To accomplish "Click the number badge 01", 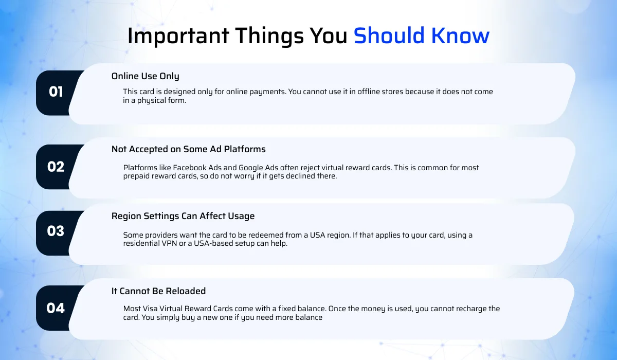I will (x=56, y=92).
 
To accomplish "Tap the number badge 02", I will (x=56, y=167).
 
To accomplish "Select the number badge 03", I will (x=56, y=231).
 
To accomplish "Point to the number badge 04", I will (x=56, y=308).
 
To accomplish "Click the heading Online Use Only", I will (x=146, y=76).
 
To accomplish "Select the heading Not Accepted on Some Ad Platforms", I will (x=189, y=150).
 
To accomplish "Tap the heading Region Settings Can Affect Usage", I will (x=183, y=216).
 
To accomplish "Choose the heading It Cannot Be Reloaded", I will (x=158, y=291).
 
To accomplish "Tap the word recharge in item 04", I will (x=471, y=309).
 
